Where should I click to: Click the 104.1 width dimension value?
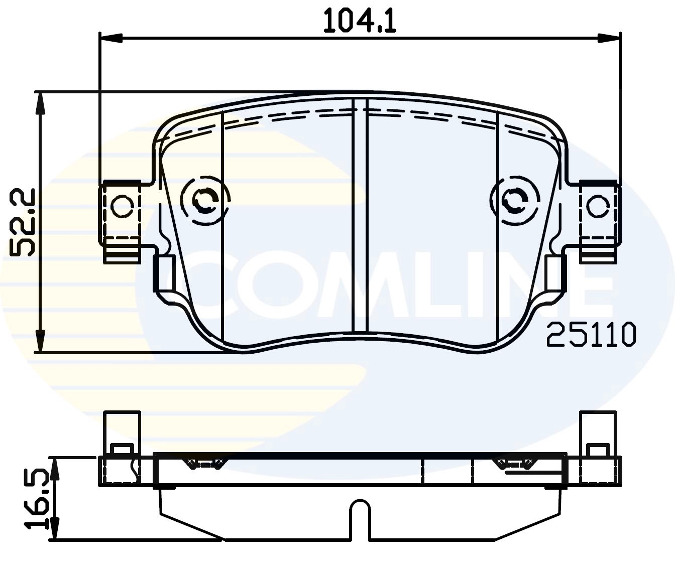(360, 21)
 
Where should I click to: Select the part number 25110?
(591, 335)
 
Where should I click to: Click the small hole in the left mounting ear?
(122, 207)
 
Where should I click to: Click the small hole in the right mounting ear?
(598, 207)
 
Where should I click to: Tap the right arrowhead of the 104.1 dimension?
(609, 38)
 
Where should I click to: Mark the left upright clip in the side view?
(122, 431)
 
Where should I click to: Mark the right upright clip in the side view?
(598, 431)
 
